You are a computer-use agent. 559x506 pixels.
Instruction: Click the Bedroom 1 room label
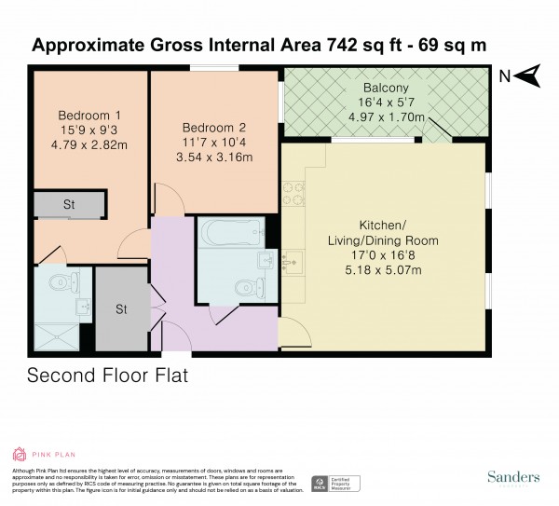tap(82, 116)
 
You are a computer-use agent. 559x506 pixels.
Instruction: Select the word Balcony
tap(383, 88)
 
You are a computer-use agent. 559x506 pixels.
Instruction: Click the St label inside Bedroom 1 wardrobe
tap(69, 205)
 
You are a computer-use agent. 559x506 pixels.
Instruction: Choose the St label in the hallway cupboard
tap(121, 308)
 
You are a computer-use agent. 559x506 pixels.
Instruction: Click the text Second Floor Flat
tap(114, 376)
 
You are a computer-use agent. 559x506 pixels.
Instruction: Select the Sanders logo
tap(512, 477)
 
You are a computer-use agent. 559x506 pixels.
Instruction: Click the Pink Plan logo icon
tap(20, 454)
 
